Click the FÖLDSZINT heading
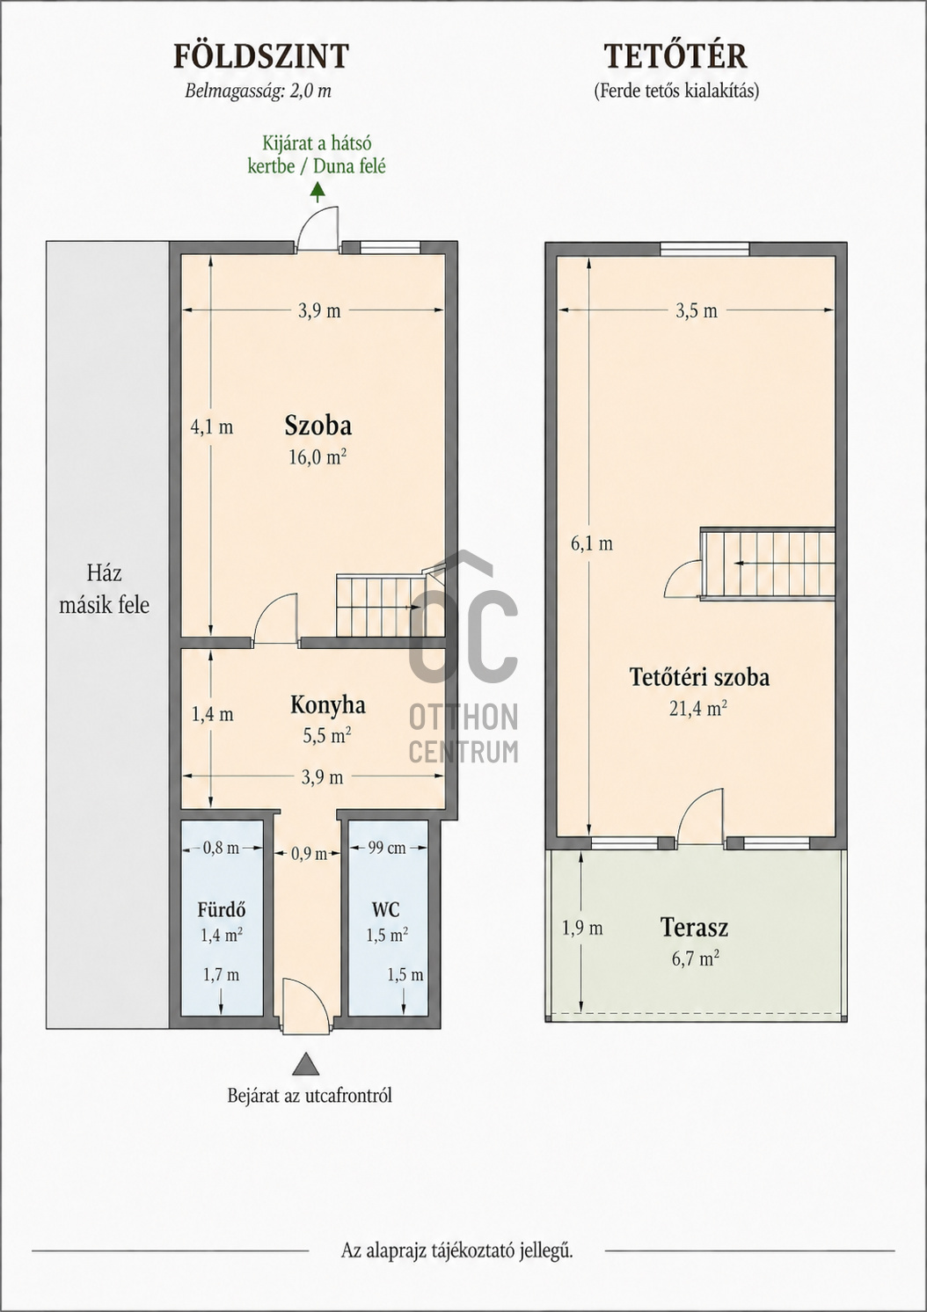click(261, 56)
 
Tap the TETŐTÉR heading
click(675, 56)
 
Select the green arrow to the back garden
click(318, 193)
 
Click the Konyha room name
click(327, 705)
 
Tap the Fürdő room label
click(222, 909)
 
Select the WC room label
click(386, 909)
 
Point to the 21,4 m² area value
click(698, 710)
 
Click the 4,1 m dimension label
click(212, 427)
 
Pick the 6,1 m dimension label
click(592, 544)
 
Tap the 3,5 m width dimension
click(697, 310)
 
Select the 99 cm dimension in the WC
click(387, 848)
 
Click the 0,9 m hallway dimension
click(309, 854)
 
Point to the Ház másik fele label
click(105, 588)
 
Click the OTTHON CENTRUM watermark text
click(463, 733)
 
